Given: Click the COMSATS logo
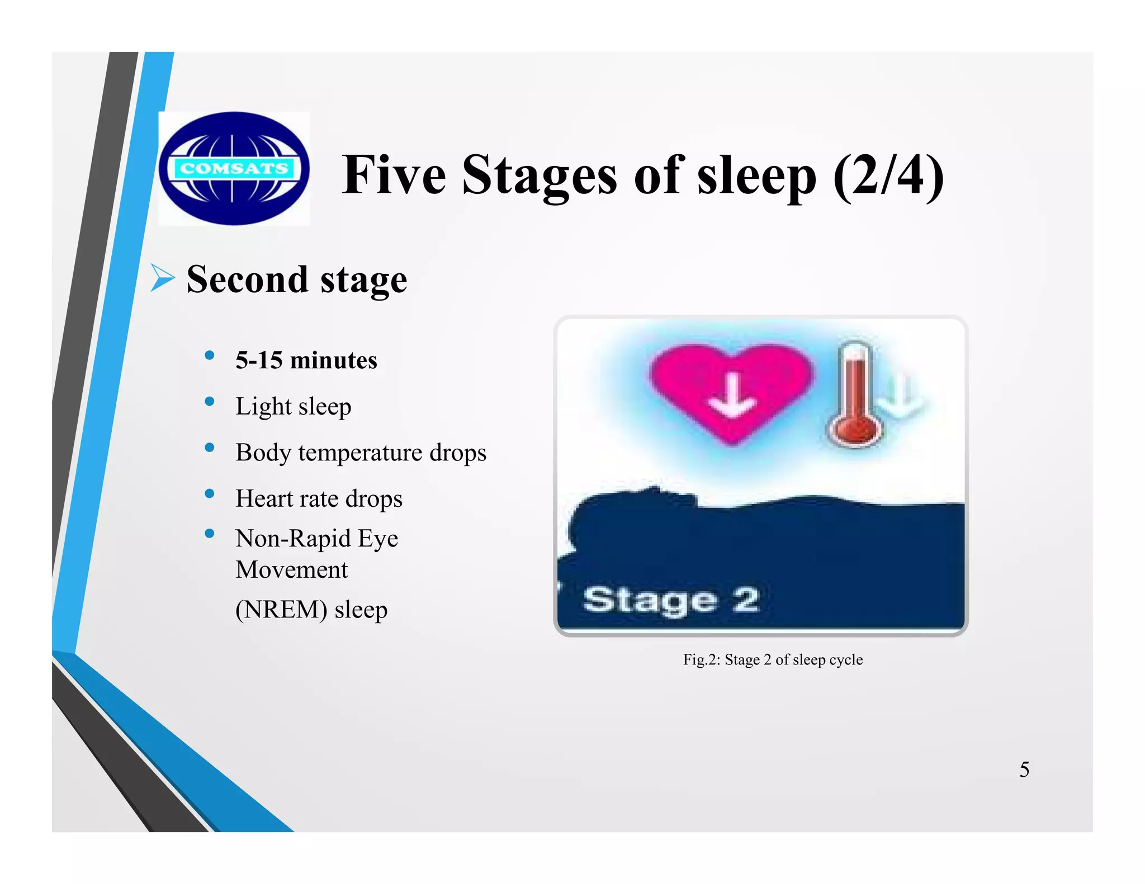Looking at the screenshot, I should click(x=234, y=168).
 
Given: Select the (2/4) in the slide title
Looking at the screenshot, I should click(x=888, y=176).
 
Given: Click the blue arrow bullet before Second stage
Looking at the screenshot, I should click(x=162, y=278).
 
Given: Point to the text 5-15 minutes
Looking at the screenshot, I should click(x=306, y=360).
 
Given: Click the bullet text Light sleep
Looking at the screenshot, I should click(x=293, y=406).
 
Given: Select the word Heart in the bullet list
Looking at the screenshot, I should click(x=261, y=498).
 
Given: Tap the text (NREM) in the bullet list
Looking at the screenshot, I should click(x=281, y=609).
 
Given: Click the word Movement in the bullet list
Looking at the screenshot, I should click(x=291, y=570).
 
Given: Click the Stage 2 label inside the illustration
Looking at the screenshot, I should click(x=670, y=600).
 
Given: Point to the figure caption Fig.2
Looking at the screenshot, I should click(x=772, y=660).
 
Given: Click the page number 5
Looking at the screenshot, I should click(x=1024, y=769).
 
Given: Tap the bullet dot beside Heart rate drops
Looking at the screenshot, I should click(x=210, y=493).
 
